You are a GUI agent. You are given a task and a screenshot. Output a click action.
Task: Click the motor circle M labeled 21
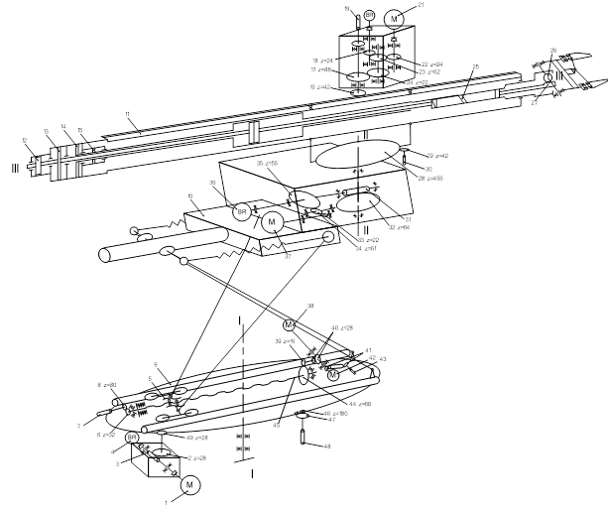tap(394, 18)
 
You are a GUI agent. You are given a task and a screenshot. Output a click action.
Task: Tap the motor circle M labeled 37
tap(271, 224)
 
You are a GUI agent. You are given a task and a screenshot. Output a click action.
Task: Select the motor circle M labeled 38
tap(290, 324)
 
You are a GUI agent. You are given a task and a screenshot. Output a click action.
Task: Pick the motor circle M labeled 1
tap(190, 484)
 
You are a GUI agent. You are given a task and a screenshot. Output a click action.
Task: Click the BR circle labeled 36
tap(241, 210)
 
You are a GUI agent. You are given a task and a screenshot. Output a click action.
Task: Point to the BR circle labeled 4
tap(132, 438)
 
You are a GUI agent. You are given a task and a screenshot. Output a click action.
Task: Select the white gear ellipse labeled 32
tap(358, 204)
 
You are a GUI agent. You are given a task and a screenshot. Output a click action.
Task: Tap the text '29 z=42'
tap(436, 156)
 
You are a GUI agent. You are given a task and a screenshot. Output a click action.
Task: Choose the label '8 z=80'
tap(106, 384)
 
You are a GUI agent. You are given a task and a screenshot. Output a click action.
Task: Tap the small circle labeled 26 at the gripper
tap(548, 77)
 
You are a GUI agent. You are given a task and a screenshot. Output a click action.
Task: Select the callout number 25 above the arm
tap(475, 94)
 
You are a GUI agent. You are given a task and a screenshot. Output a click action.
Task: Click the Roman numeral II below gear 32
tap(367, 229)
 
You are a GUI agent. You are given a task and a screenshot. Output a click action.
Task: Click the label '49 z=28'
tap(195, 438)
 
